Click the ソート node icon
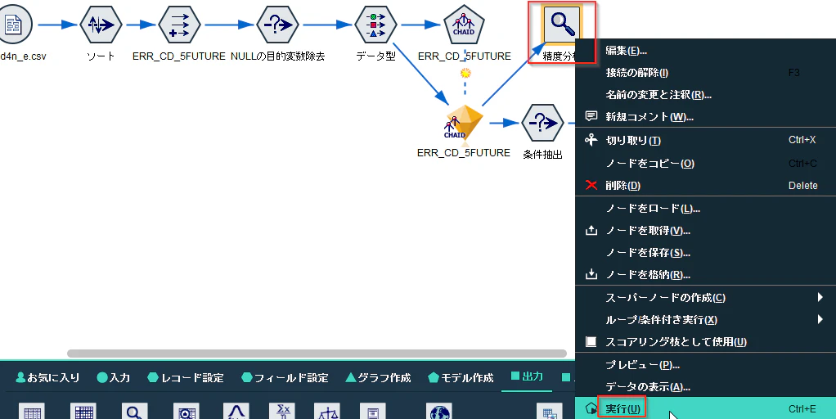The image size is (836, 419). pyautogui.click(x=101, y=25)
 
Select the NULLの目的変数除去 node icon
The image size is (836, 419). pyautogui.click(x=277, y=25)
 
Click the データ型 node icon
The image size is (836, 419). pyautogui.click(x=375, y=25)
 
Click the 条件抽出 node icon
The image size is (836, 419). pyautogui.click(x=542, y=123)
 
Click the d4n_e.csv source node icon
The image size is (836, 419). pyautogui.click(x=13, y=25)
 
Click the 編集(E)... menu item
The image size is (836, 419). pyautogui.click(x=626, y=51)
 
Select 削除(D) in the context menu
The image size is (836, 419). pyautogui.click(x=623, y=186)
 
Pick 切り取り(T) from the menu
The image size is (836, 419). pyautogui.click(x=633, y=141)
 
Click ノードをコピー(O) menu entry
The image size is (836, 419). pyautogui.click(x=650, y=164)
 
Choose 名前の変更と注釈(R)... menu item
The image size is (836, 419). pyautogui.click(x=658, y=95)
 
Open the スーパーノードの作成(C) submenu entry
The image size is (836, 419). pyautogui.click(x=665, y=297)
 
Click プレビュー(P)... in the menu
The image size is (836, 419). pyautogui.click(x=642, y=365)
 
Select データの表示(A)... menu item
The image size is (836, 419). pyautogui.click(x=648, y=387)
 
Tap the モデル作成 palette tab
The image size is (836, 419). pyautogui.click(x=461, y=378)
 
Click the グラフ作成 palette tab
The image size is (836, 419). pyautogui.click(x=378, y=378)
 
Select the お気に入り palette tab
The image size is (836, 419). pyautogui.click(x=47, y=378)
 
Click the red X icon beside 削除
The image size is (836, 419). pyautogui.click(x=591, y=185)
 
